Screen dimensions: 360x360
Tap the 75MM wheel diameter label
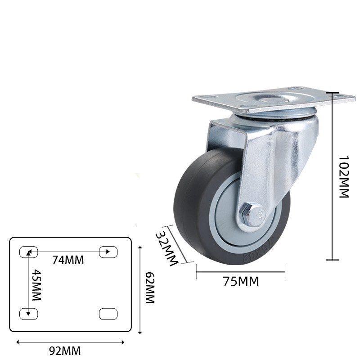click(241, 282)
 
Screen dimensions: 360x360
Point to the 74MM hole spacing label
click(68, 260)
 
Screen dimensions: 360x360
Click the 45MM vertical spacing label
click(36, 286)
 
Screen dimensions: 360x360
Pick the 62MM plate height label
click(150, 288)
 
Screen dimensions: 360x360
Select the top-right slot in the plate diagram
click(107, 252)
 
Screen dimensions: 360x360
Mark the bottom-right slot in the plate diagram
click(107, 314)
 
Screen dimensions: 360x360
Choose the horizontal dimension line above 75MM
click(241, 271)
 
